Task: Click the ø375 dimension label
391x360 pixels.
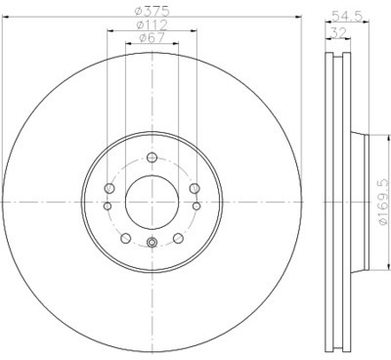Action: pos(152,11)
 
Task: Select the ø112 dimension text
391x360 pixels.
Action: pos(152,24)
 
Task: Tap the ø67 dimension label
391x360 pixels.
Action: pos(152,38)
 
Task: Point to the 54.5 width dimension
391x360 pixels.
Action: pos(347,16)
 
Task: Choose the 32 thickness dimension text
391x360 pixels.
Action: pos(338,32)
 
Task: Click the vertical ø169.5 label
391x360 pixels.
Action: pos(382,202)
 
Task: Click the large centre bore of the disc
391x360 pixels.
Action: pos(152,202)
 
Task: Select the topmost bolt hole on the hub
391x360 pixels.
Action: pos(152,157)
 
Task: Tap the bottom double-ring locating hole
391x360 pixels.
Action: pos(152,242)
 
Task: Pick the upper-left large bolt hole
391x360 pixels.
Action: pos(109,188)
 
